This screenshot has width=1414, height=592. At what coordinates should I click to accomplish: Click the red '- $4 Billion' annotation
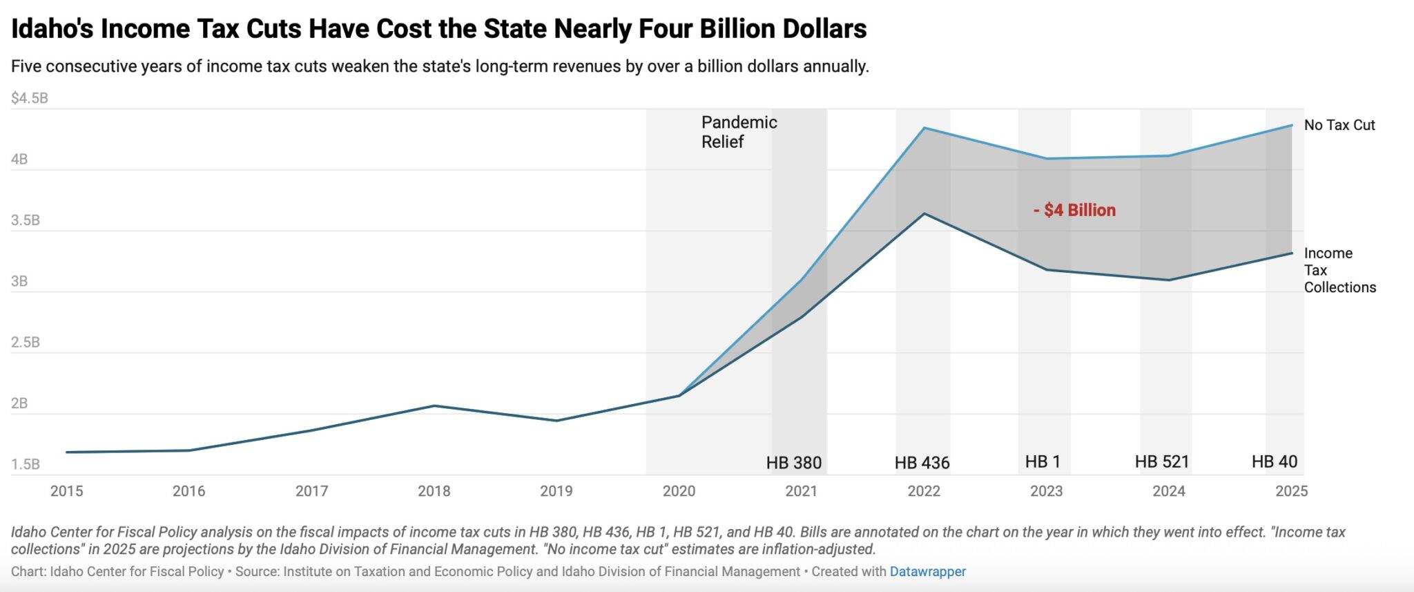[x=1074, y=210]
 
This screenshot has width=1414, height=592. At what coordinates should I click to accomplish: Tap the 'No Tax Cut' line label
[x=1339, y=125]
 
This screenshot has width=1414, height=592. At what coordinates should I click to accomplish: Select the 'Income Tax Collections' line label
[x=1339, y=270]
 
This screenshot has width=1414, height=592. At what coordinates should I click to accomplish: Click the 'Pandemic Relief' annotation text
[x=739, y=132]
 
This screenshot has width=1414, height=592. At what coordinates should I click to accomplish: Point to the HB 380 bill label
[x=793, y=463]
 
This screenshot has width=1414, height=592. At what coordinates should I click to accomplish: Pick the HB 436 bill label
[x=922, y=463]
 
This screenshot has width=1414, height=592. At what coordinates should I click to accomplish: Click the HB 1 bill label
[x=1043, y=461]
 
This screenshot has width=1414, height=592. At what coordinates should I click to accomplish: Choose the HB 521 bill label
[x=1162, y=461]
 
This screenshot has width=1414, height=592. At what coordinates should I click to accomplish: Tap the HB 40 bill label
[x=1275, y=461]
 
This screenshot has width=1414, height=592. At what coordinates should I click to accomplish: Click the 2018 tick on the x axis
[x=434, y=491]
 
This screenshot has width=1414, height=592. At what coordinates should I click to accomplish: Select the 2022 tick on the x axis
[x=924, y=491]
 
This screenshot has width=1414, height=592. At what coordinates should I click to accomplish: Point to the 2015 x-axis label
[x=66, y=491]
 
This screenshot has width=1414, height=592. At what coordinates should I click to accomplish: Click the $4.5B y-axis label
[x=30, y=98]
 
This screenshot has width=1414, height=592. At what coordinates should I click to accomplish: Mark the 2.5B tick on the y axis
[x=26, y=343]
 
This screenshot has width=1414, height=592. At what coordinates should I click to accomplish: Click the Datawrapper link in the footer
[x=927, y=572]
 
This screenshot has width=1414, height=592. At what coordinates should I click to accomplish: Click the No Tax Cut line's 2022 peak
[x=924, y=128]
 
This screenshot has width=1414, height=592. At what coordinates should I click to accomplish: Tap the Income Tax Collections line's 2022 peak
[x=924, y=213]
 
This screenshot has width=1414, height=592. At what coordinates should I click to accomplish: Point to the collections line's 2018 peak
[x=434, y=405]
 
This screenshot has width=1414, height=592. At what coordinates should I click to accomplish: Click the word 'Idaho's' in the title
[x=52, y=29]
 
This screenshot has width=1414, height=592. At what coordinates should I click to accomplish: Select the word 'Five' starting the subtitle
[x=26, y=66]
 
